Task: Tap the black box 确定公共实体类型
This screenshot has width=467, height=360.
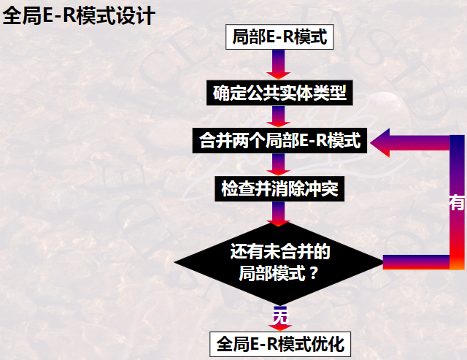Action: coord(279,93)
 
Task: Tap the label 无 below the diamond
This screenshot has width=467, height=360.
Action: coord(280,316)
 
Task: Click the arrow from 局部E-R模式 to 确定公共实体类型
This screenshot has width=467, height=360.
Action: coord(279,64)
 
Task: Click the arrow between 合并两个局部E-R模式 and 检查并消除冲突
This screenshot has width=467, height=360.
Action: coord(279,164)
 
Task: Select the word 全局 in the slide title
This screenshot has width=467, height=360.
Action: coord(20,15)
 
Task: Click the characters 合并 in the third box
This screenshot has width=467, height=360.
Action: coord(213,140)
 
